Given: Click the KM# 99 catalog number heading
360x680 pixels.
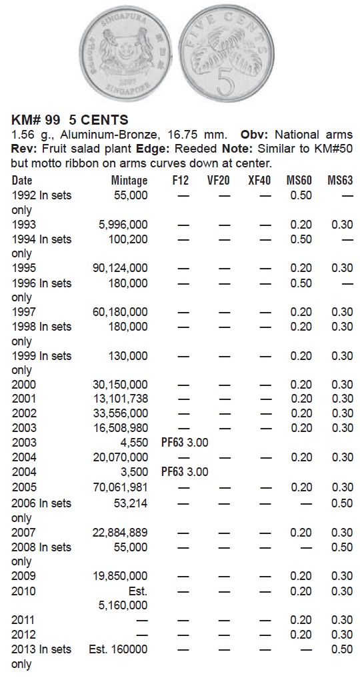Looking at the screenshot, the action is tap(38, 120).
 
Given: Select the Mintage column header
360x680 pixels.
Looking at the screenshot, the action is tap(129, 181).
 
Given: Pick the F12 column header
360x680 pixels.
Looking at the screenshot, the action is tap(180, 181).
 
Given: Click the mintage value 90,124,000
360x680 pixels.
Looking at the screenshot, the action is tap(120, 268).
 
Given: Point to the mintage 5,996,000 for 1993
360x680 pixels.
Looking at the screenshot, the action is tap(123, 225).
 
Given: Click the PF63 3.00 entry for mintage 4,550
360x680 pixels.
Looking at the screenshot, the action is tap(185, 443).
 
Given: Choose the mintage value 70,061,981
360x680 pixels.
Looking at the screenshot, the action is tap(120, 487).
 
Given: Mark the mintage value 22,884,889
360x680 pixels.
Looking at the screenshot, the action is tap(120, 532).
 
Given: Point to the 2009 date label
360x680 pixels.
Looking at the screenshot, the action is tap(24, 576).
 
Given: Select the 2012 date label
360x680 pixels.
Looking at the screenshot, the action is tap(24, 635).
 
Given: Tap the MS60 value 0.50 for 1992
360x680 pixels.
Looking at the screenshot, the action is tap(301, 195).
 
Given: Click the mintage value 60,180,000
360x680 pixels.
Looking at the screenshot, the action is tap(120, 312).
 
